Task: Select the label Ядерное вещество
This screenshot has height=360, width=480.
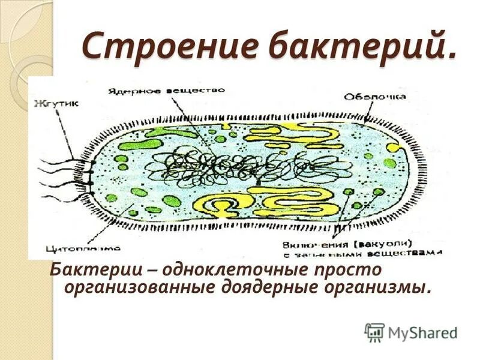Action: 166,91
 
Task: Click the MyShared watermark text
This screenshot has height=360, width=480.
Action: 422,332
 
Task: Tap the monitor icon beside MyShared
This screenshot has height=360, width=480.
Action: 375,332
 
